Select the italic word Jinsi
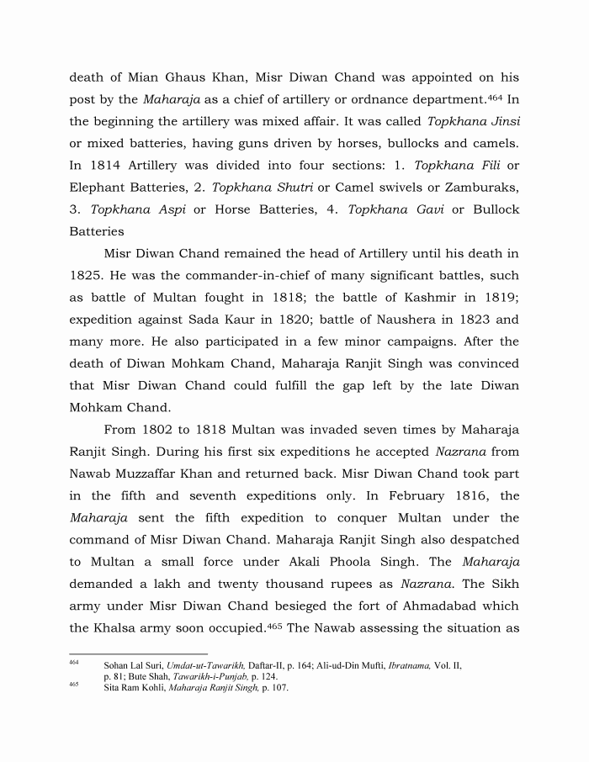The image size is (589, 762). (x=501, y=121)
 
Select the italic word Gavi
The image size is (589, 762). (x=418, y=209)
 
